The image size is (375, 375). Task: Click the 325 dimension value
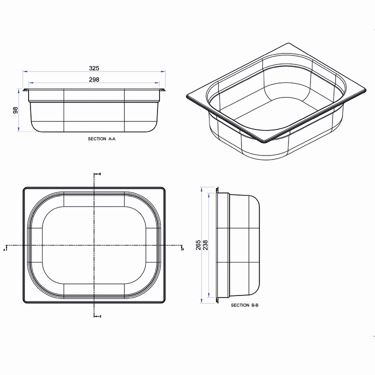pyautogui.click(x=94, y=68)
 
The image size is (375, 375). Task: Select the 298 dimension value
pyautogui.click(x=94, y=79)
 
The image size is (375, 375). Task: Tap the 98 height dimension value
pyautogui.click(x=15, y=110)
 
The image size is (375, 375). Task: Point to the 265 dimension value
pyautogui.click(x=198, y=245)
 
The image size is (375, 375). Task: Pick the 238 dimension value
pyautogui.click(x=205, y=245)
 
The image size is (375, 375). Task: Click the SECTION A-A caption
pyautogui.click(x=101, y=138)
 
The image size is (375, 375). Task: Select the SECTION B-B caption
pyautogui.click(x=244, y=305)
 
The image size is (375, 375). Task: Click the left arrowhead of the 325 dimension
pyautogui.click(x=25, y=71)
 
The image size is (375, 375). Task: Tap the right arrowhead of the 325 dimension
pyautogui.click(x=163, y=71)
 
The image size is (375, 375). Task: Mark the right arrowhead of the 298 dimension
pyautogui.click(x=157, y=82)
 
